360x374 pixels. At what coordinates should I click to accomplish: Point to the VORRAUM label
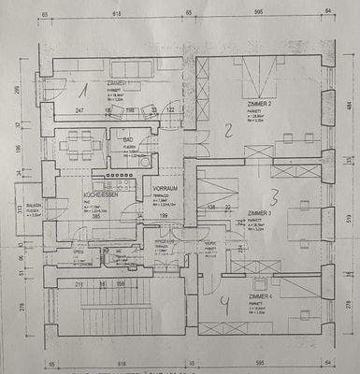(x=166, y=188)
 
